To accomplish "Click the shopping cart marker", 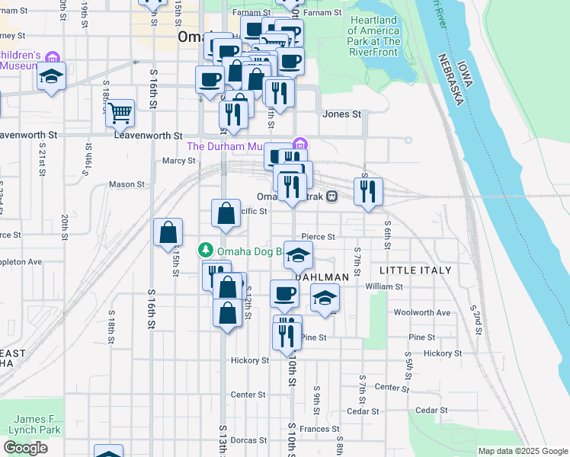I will pos(120,113).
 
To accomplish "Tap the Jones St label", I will pos(341,114).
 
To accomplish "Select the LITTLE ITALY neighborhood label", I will pos(415,270).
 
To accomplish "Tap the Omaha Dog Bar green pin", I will pos(205,250).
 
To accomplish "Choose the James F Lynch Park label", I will pos(36,424).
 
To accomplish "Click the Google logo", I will pos(25,448).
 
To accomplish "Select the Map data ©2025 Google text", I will pos(522,451).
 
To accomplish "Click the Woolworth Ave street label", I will pos(422,312).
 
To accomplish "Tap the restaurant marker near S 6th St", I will pos(368,192).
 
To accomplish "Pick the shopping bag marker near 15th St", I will pos(168,232).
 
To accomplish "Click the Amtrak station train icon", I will pos(331,197).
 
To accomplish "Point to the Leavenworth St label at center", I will pos(149,134).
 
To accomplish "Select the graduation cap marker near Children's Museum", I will pos(51,77).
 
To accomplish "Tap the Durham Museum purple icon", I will pos(300,145).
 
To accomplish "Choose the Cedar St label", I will pos(433,411).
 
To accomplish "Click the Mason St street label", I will pos(126,184).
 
